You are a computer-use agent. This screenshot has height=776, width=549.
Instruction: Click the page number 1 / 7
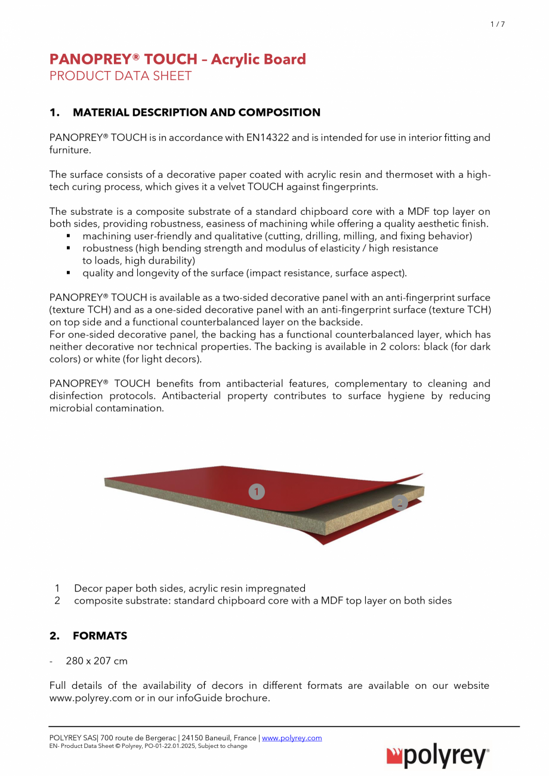coord(497,24)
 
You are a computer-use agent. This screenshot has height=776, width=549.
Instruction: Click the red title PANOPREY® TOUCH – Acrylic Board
coord(177,59)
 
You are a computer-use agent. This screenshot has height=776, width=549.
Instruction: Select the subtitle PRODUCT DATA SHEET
coord(120,76)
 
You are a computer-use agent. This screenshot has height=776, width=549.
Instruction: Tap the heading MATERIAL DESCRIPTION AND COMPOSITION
coord(196,112)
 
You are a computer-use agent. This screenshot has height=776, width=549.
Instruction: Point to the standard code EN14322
coord(267,137)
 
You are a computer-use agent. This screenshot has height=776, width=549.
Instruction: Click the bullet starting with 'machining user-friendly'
coord(277,236)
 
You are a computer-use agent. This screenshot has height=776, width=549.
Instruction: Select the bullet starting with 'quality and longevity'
coord(244,273)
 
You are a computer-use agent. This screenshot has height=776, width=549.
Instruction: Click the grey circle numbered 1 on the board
coord(256,492)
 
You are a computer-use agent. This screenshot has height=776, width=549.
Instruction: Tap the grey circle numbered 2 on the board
coord(400,503)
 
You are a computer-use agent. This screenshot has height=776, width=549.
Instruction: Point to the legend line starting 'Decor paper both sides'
coord(189,588)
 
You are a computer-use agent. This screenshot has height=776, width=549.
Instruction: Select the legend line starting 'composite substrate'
coord(263,601)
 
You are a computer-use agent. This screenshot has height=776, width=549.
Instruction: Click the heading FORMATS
coord(100,636)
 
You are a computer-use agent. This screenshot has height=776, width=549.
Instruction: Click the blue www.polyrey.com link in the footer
coord(292,738)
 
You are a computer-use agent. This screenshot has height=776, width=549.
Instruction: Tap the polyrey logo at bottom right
coord(438,757)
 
